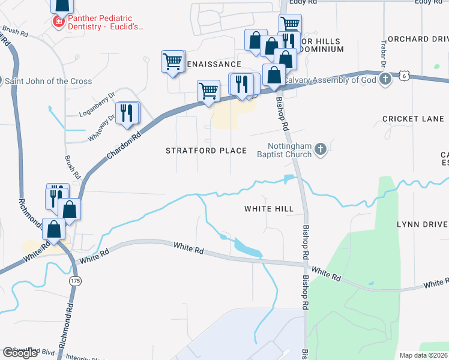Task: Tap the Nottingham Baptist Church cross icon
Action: tap(321, 149)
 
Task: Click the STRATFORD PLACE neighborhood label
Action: tap(206, 151)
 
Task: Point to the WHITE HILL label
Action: tap(268, 209)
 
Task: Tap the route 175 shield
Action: tap(74, 281)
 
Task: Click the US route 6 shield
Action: tap(405, 76)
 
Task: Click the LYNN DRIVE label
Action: tap(422, 224)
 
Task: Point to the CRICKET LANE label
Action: tap(413, 119)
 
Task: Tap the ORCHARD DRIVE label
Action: tap(418, 39)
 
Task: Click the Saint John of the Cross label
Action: tap(50, 81)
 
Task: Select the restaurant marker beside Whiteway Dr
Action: tap(127, 113)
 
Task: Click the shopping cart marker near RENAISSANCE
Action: tap(173, 61)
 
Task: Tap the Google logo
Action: tap(20, 353)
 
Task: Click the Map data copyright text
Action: tap(424, 355)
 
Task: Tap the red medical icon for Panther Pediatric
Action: tap(58, 23)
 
